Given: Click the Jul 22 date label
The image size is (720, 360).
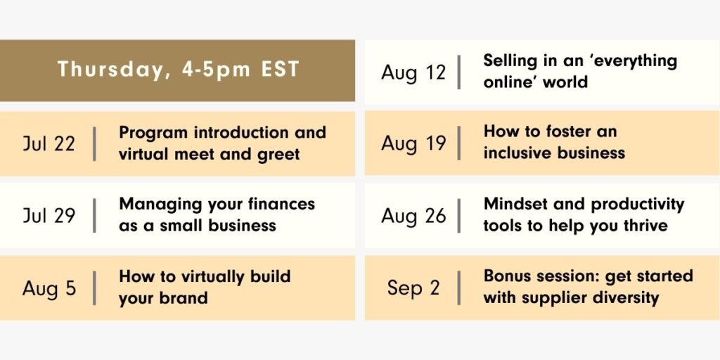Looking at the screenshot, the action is tap(49, 143).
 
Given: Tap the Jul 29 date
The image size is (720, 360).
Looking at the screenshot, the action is tap(49, 215).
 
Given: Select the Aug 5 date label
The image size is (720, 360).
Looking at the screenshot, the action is tap(49, 289).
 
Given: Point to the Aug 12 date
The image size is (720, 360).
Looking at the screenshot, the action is tap(413, 72).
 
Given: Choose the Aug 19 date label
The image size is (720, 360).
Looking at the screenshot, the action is tap(413, 143).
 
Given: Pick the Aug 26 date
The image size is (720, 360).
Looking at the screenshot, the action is tap(413, 215).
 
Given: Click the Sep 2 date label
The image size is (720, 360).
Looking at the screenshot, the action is tap(413, 288).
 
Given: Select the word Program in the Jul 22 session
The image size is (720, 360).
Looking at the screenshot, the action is tap(153, 133).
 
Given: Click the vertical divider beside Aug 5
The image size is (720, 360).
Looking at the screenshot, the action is tap(94, 288).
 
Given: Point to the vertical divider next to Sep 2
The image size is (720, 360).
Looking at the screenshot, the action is tap(458, 288).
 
